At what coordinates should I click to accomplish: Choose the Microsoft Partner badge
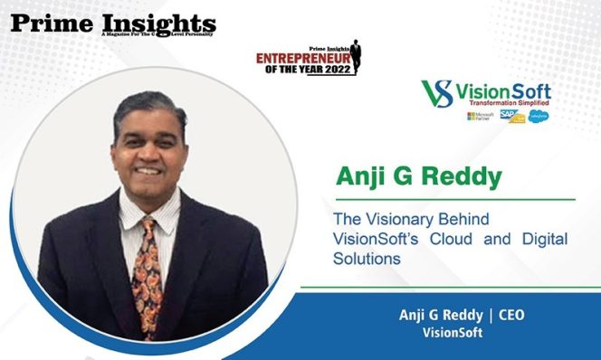[480, 117]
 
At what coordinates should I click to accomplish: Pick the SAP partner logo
[516, 118]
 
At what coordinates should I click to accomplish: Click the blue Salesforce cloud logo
[539, 117]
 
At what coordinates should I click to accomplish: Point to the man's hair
[149, 104]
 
